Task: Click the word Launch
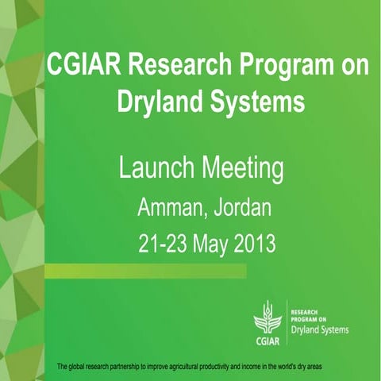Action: click(x=154, y=169)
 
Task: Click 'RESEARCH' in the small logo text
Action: click(x=307, y=311)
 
